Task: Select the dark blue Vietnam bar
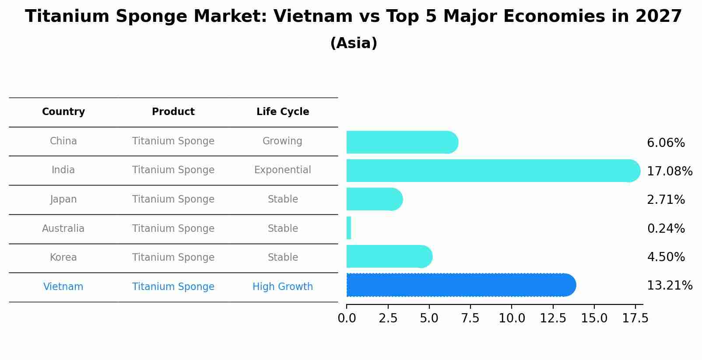click(x=460, y=285)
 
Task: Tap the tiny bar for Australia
click(x=349, y=228)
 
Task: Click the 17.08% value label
click(x=669, y=171)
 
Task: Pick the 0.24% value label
click(x=666, y=228)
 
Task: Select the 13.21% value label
click(x=669, y=286)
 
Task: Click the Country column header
click(x=63, y=112)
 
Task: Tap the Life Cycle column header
click(x=283, y=112)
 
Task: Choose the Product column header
click(x=173, y=112)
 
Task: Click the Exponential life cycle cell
click(x=283, y=170)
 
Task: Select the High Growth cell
click(x=283, y=287)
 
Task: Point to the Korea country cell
click(x=63, y=258)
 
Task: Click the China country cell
click(x=63, y=141)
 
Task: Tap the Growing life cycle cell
click(x=282, y=141)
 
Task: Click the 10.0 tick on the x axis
click(x=512, y=318)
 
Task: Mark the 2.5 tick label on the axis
click(x=388, y=318)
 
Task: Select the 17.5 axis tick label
click(x=635, y=318)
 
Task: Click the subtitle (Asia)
click(x=354, y=43)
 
